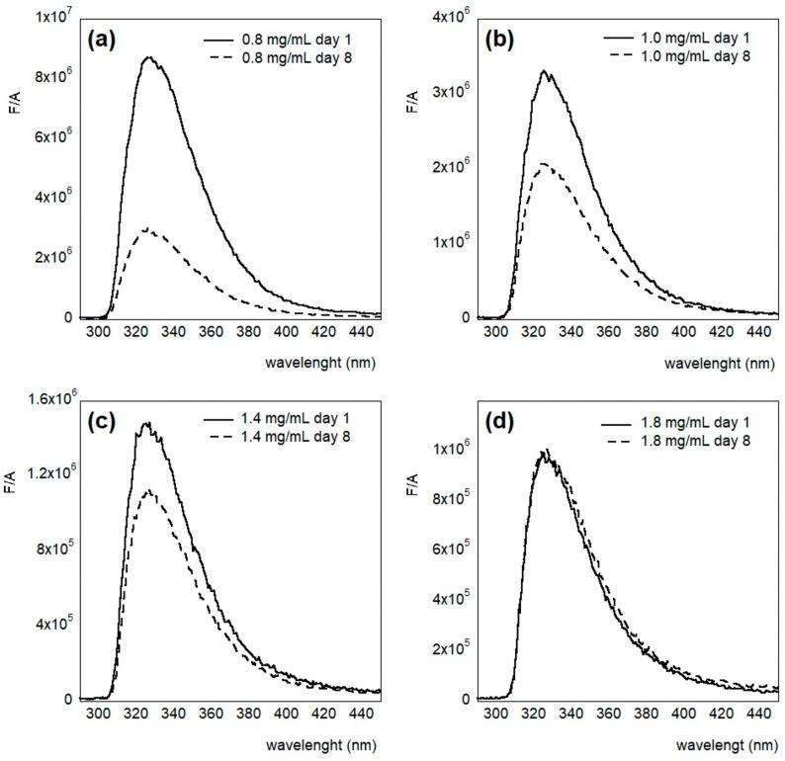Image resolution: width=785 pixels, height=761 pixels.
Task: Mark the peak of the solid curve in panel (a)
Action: (149, 57)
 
